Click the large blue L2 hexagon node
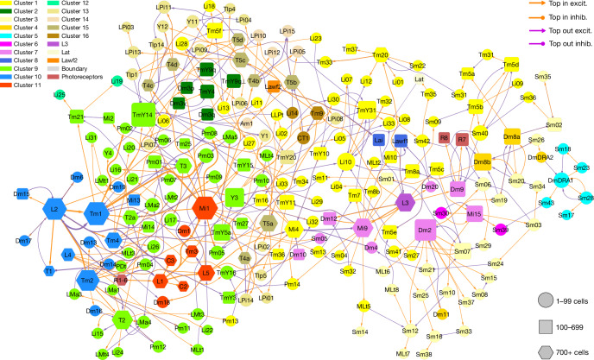click(54, 209)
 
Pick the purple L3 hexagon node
click(405, 202)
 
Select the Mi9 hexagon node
click(363, 227)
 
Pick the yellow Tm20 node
click(379, 56)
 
